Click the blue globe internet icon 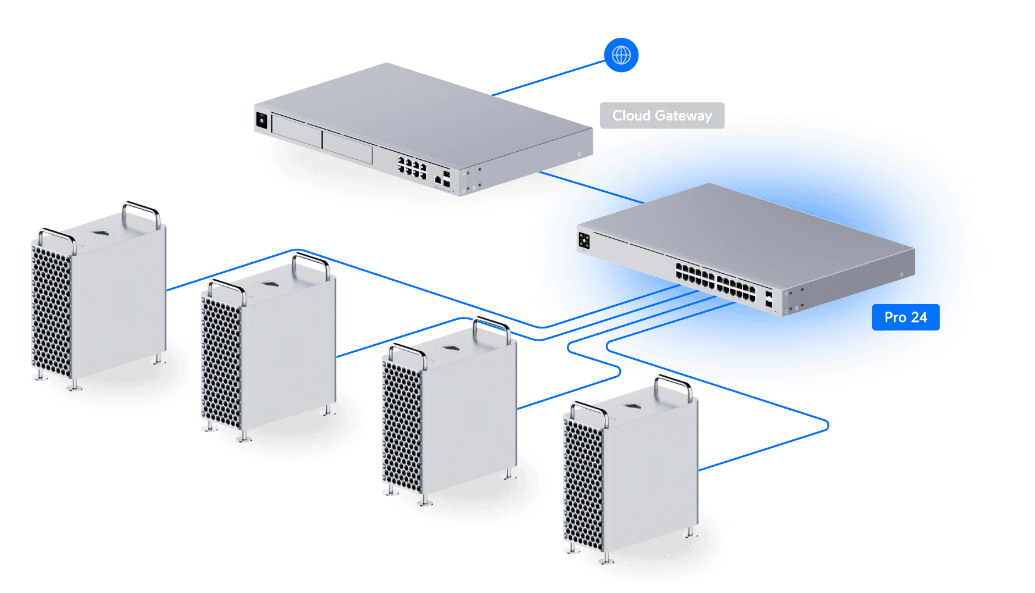pos(621,55)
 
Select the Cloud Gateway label pos(662,116)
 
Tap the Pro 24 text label pos(905,317)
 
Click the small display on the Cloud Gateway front pos(262,120)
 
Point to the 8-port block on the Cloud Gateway pos(412,167)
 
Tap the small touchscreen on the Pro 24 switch pos(584,240)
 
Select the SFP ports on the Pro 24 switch pos(769,299)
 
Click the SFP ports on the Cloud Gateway pos(446,178)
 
